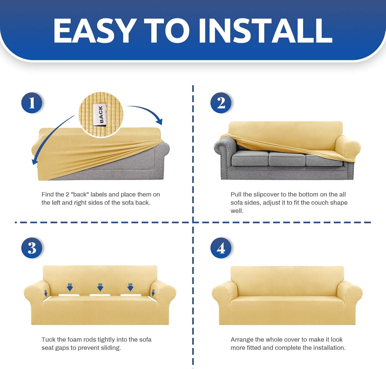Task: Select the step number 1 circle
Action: pyautogui.click(x=32, y=103)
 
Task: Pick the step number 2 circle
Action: pyautogui.click(x=221, y=103)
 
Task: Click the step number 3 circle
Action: pyautogui.click(x=32, y=248)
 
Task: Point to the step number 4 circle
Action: pyautogui.click(x=221, y=248)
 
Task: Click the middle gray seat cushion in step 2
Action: pyautogui.click(x=287, y=158)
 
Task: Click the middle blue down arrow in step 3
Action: pyautogui.click(x=100, y=287)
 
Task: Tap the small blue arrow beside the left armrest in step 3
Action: pyautogui.click(x=46, y=293)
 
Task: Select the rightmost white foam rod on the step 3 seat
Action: pyautogui.click(x=131, y=295)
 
